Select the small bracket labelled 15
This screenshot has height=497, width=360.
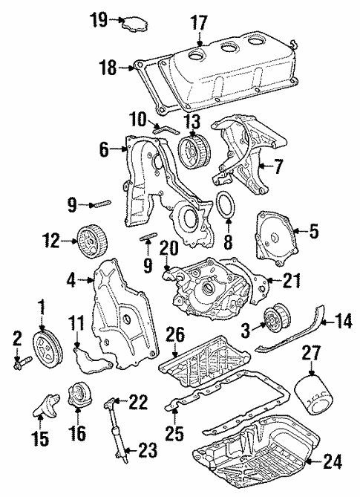pyautogui.click(x=44, y=406)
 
